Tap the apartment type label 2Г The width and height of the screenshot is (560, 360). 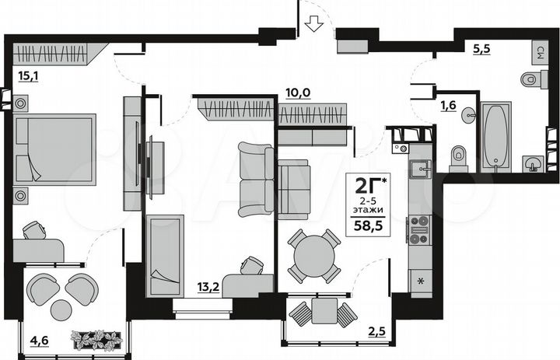368,187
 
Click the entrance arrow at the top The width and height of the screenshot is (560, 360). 313,24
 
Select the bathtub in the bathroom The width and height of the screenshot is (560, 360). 495,135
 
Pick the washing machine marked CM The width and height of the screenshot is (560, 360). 538,53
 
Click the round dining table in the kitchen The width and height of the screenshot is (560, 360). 314,254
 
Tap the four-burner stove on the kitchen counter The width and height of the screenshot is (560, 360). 420,226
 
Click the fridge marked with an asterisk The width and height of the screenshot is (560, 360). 421,280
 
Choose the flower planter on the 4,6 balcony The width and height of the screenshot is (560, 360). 97,339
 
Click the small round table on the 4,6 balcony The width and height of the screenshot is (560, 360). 61,309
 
